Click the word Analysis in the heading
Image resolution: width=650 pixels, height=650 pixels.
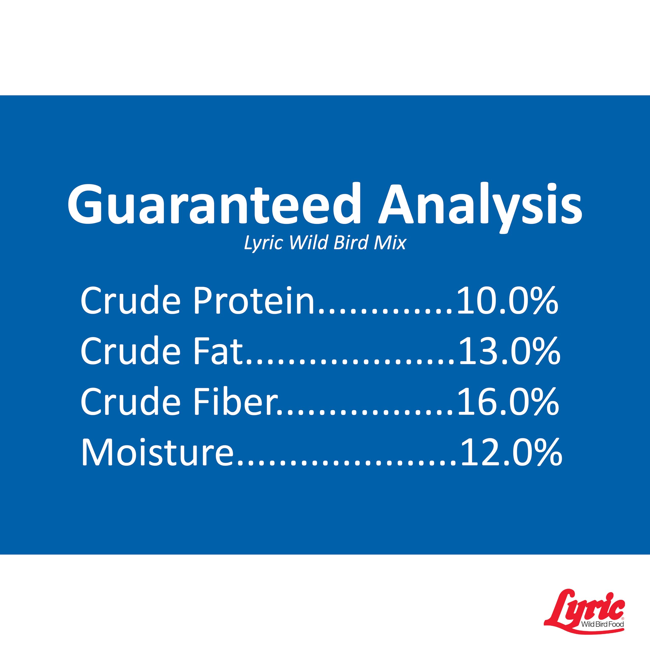click(480, 207)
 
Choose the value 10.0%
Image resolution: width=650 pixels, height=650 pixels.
click(507, 300)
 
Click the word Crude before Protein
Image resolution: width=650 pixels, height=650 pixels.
click(131, 300)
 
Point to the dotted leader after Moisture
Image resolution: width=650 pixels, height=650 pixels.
click(347, 463)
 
